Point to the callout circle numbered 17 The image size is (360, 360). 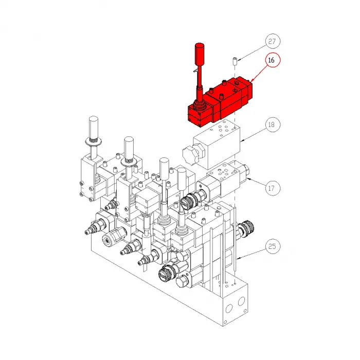click(273, 188)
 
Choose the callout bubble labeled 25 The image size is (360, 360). click(273, 247)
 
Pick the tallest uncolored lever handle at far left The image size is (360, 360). click(94, 126)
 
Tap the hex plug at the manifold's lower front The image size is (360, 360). click(184, 281)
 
